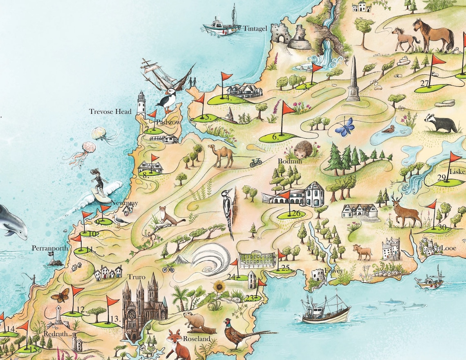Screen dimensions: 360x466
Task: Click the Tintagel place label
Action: click(255, 29)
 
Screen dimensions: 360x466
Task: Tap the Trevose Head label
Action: click(110, 112)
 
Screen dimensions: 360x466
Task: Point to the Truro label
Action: click(137, 277)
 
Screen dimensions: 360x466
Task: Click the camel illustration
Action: click(222, 155)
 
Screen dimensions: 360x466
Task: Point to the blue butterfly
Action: click(345, 127)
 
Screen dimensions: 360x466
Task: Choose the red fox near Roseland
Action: click(177, 344)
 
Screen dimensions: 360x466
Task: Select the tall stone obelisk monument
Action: click(353, 80)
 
